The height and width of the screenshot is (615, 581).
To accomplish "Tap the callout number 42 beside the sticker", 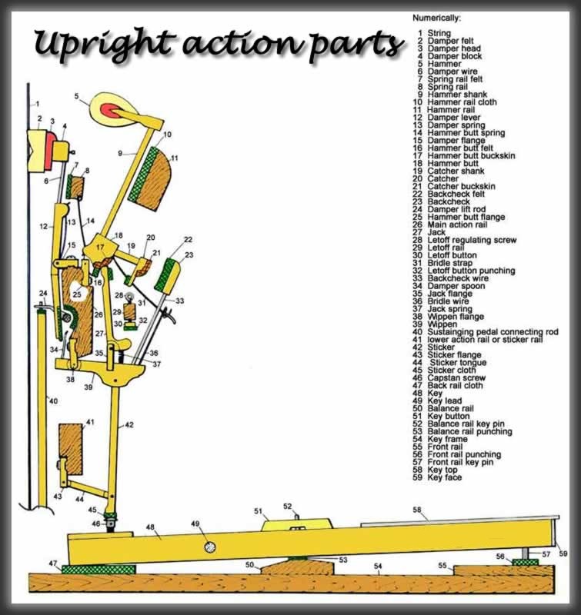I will point(130,424).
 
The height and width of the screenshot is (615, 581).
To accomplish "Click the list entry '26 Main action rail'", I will point(457,224).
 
